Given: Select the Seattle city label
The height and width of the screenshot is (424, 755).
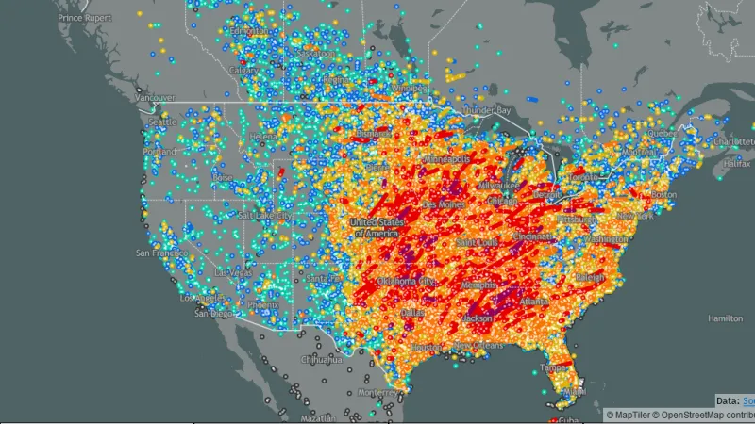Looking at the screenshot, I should point(163,122).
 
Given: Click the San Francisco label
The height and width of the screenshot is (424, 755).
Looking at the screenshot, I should point(158,253).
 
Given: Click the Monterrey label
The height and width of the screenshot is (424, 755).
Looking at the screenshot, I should point(377,391).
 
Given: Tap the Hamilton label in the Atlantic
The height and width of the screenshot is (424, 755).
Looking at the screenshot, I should point(726,318).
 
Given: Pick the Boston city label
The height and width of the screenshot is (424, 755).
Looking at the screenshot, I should point(663,194).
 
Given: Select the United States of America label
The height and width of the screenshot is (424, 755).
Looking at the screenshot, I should point(376,227).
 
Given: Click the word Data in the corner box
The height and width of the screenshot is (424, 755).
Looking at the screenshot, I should point(726,400).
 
